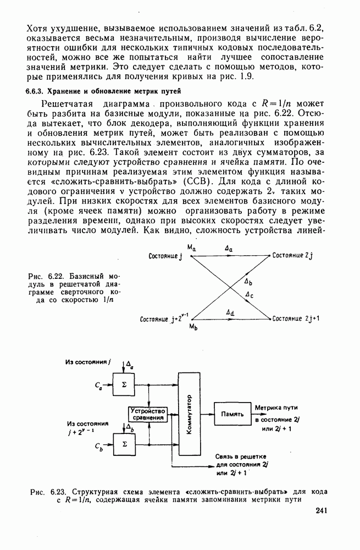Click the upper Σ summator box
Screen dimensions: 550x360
(124, 384)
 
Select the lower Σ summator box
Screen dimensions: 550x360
(124, 443)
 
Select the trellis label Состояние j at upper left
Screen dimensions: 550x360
(165, 256)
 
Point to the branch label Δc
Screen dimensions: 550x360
(249, 294)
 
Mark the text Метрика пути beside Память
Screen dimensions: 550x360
(276, 407)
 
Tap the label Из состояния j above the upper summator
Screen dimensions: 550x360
(88, 362)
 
